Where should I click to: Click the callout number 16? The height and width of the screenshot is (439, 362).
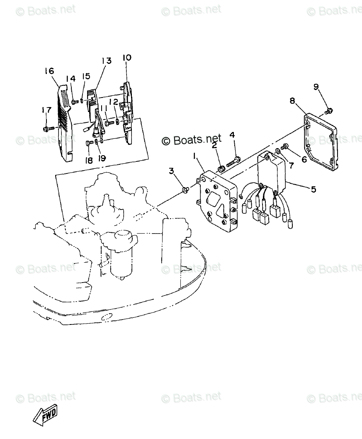pyautogui.click(x=49, y=71)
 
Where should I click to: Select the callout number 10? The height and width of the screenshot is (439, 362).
pyautogui.click(x=126, y=57)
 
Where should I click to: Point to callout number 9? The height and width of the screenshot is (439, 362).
pyautogui.click(x=316, y=87)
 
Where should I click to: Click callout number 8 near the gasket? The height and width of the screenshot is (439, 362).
pyautogui.click(x=293, y=100)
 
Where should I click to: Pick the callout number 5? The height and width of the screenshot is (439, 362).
pyautogui.click(x=313, y=189)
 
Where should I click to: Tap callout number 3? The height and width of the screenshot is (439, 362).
pyautogui.click(x=171, y=171)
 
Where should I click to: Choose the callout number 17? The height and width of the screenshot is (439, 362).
pyautogui.click(x=46, y=110)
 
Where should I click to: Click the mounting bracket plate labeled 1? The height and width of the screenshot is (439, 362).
pyautogui.click(x=218, y=203)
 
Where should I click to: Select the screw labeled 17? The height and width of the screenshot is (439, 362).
pyautogui.click(x=49, y=128)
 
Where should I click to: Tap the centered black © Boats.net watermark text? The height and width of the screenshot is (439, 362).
pyautogui.click(x=192, y=140)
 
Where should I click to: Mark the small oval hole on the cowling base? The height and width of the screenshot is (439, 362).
pyautogui.click(x=106, y=317)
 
